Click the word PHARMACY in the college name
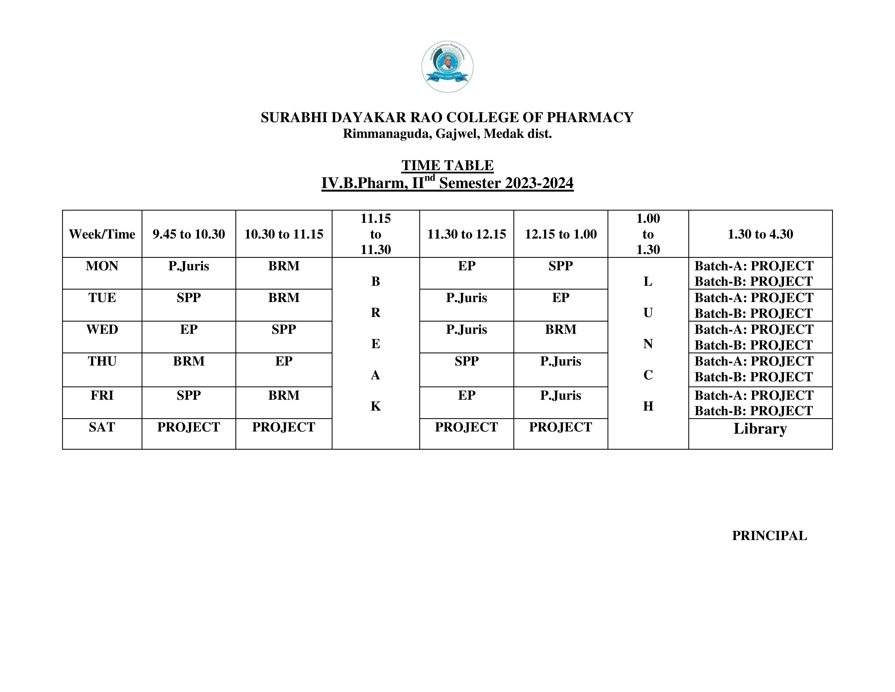point(590,118)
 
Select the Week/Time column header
point(102,234)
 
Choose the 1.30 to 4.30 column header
point(760,234)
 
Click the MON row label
point(102,266)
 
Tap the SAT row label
point(102,427)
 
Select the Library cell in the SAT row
point(760,429)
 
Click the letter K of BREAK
point(375,406)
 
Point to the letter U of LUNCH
point(648,313)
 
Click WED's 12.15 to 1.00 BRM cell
point(561,330)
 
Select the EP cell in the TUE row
point(561,298)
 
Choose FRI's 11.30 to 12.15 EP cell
point(466,395)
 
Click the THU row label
point(102,361)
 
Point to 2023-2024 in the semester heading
point(539,183)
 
